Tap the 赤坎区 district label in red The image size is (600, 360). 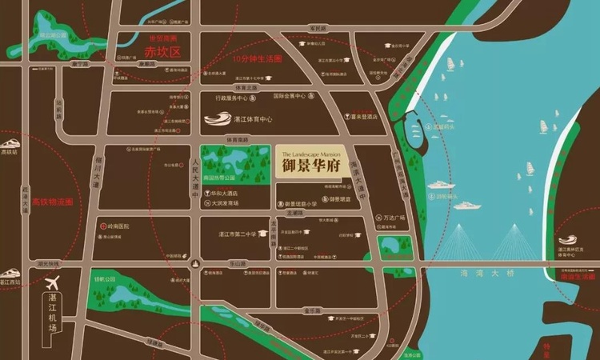(x=159, y=52)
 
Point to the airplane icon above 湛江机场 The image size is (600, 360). (x=53, y=282)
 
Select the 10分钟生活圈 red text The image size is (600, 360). (x=258, y=59)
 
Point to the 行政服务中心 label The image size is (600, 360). (x=234, y=98)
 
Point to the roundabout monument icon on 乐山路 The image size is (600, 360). (x=196, y=263)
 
